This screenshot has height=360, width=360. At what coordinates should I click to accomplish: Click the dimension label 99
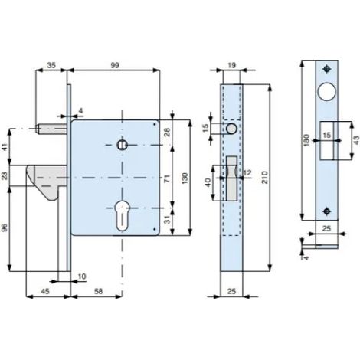click(115, 65)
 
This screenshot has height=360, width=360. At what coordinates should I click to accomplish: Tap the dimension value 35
click(51, 65)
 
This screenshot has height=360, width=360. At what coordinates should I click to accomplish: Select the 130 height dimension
click(185, 178)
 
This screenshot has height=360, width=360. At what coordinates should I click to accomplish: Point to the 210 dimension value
click(264, 177)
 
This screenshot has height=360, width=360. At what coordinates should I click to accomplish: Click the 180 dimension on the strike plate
click(306, 140)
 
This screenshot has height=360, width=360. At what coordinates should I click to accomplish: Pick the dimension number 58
click(99, 291)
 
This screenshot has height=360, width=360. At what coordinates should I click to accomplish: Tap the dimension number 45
click(45, 291)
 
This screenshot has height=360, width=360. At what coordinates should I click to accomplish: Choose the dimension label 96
click(5, 227)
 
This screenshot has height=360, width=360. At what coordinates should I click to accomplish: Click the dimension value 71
click(167, 178)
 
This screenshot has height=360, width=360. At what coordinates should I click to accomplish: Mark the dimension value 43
click(356, 140)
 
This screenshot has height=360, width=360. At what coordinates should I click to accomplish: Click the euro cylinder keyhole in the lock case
click(123, 215)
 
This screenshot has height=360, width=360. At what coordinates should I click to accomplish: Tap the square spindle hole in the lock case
click(123, 145)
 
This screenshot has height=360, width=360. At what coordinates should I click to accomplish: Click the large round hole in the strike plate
click(326, 92)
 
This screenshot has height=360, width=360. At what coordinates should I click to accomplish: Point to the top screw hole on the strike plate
click(326, 69)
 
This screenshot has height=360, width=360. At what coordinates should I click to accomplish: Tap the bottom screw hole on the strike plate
click(326, 211)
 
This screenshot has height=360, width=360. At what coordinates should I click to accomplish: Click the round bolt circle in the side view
click(231, 129)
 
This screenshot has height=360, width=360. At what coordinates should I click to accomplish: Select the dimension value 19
click(231, 65)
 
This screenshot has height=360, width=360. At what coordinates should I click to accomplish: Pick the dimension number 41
click(5, 147)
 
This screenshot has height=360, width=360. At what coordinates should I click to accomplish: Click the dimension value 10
click(82, 277)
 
